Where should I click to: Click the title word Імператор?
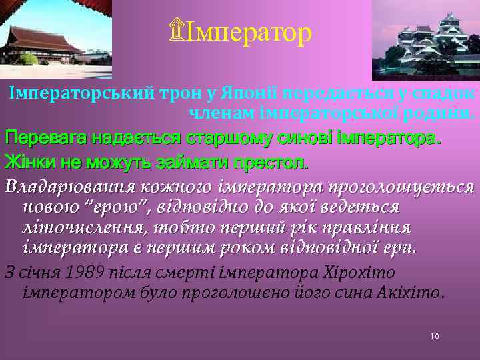[x=249, y=32]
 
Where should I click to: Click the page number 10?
[x=434, y=337]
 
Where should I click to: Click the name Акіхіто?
[x=416, y=292]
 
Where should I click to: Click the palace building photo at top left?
[x=56, y=39]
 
